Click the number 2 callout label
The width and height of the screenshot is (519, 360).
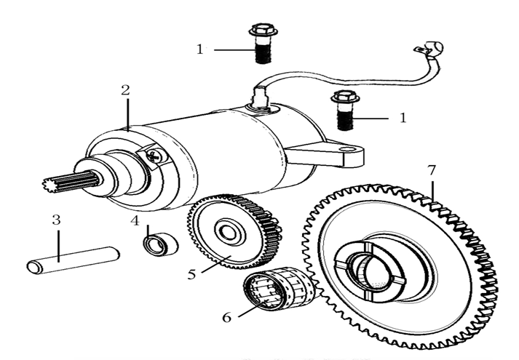point(125,90)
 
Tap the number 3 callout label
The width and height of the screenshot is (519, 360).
point(55,219)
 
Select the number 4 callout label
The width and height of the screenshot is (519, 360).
point(135,220)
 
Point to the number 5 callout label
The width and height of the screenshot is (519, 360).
point(192,275)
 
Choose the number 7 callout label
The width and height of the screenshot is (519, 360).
point(432,170)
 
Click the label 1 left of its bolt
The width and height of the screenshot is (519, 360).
point(199,49)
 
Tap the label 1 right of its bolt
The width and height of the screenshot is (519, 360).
point(403,116)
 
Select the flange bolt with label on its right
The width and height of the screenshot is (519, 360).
point(343,108)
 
